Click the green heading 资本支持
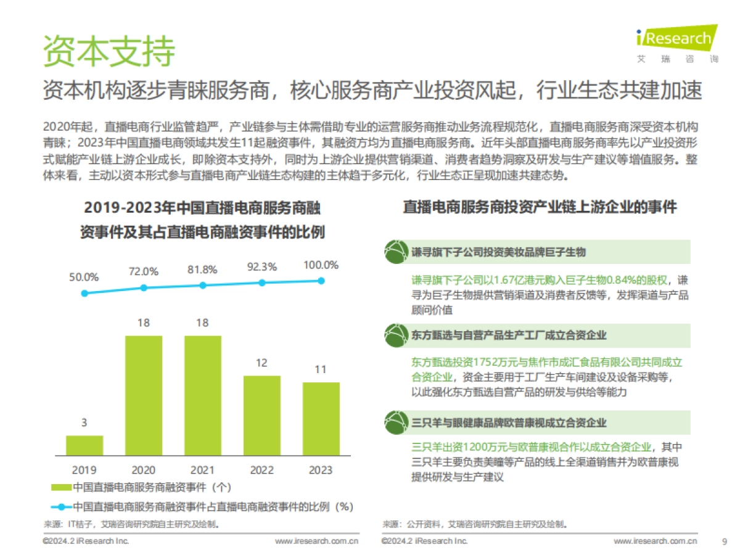point(109,51)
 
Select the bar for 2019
point(84,445)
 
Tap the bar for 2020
point(144,395)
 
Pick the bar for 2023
point(321,419)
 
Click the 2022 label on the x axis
point(261,470)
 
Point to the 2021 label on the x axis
point(202,470)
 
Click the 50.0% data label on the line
point(84,277)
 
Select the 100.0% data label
point(321,265)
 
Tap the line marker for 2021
point(202,285)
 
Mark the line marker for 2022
point(261,282)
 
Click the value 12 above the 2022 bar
point(261,363)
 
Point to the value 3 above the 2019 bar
point(84,422)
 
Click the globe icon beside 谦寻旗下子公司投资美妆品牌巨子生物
point(395,252)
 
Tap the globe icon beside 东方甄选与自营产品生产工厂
point(395,335)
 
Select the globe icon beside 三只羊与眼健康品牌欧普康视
point(395,422)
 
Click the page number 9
point(724,541)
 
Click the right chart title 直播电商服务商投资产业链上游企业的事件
point(540,207)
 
